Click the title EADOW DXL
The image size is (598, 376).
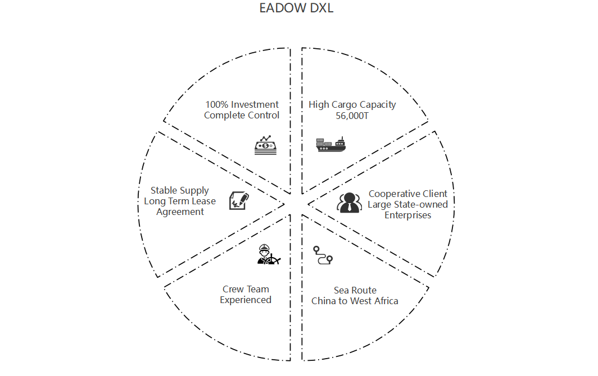point(296,8)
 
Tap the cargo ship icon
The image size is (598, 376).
point(331,145)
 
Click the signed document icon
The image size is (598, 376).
point(239,200)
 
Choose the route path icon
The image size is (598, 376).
point(323,255)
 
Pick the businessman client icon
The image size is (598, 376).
point(349,202)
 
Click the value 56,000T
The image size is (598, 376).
point(352,115)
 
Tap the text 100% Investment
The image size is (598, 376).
point(242,104)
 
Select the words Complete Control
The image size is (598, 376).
point(242,115)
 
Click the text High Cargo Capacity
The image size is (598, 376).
point(352,104)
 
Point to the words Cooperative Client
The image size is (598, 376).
point(408,194)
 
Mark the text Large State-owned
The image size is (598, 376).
point(408,204)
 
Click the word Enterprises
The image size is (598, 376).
point(408,215)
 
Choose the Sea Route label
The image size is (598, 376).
point(355,290)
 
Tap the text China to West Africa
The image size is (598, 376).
point(355,301)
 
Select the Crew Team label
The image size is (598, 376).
point(246,290)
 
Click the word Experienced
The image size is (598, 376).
point(246,300)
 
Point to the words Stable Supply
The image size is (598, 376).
point(180,191)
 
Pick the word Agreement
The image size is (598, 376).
point(180,212)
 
